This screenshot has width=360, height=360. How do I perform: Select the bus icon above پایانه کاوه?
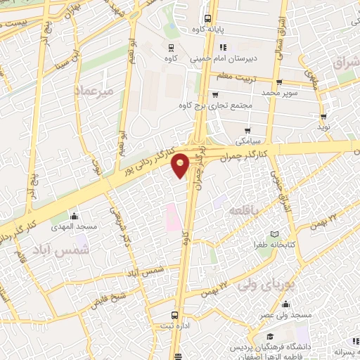[207, 19]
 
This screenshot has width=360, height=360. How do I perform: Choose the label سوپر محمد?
[281, 93]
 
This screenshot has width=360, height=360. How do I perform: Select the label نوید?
[323, 128]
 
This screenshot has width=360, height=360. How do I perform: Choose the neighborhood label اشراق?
[342, 63]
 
